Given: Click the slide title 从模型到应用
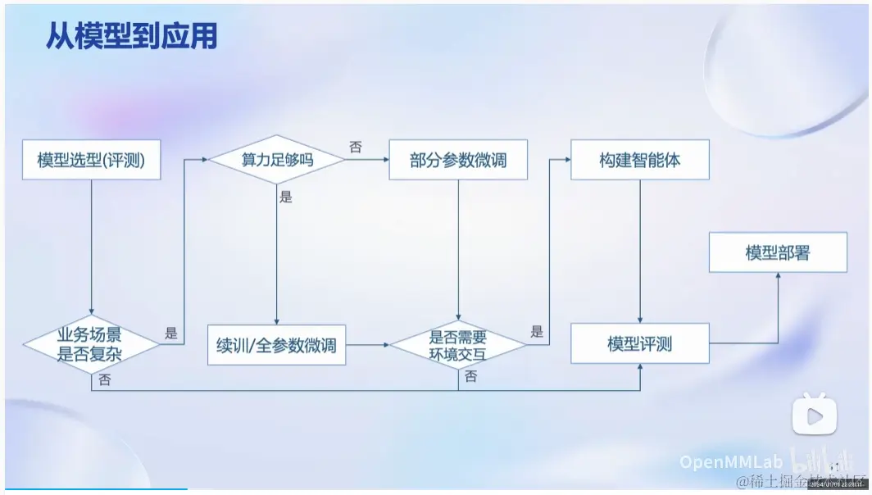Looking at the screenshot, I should click(x=131, y=37).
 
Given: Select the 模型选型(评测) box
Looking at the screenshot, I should click(x=91, y=160).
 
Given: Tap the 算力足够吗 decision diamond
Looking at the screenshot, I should click(x=277, y=160).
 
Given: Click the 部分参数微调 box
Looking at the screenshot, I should click(x=458, y=160).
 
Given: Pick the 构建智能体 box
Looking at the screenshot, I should click(x=639, y=160).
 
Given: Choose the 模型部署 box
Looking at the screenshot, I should click(x=777, y=252).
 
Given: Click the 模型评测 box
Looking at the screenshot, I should click(x=639, y=343).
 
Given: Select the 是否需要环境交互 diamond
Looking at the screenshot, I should click(x=458, y=344).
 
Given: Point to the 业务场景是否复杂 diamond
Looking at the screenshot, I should click(x=91, y=344).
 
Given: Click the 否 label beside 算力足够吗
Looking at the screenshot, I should click(x=356, y=147).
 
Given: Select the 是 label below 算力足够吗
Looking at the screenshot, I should click(x=285, y=198).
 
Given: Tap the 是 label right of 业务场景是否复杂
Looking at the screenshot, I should click(x=171, y=334).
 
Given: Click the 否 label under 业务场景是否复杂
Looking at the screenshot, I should click(x=105, y=379).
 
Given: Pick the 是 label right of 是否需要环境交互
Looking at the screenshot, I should click(x=537, y=332).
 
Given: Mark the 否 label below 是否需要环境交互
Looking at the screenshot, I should click(x=470, y=377).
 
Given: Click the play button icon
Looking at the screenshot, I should click(x=814, y=416).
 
